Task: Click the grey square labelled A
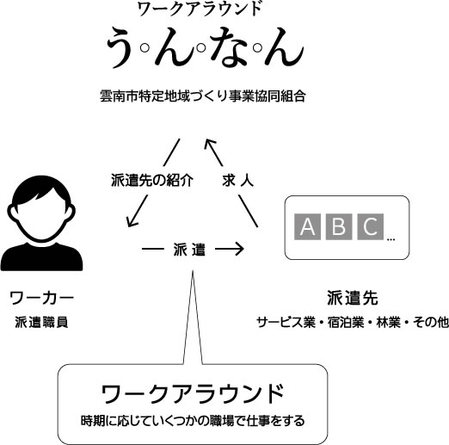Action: coord(307,226)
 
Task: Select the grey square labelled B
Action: coord(339,226)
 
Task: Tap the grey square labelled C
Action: coord(370,226)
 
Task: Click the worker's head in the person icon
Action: coord(41,208)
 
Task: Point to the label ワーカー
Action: coord(41,299)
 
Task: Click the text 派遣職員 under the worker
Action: coord(41,322)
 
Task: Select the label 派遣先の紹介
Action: coord(152,181)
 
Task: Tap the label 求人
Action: coord(237,181)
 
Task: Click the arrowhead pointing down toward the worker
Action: coord(132,221)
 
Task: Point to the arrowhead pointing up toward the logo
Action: coord(210,145)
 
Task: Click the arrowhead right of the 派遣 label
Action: coord(238,249)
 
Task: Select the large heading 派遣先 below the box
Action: coord(353,299)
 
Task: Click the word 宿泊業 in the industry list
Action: coord(346,322)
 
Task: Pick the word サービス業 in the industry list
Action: coord(286,322)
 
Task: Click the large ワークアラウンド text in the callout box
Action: coord(193,393)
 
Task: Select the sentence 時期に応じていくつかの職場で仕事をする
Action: coord(193,421)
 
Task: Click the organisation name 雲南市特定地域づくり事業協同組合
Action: coord(203,96)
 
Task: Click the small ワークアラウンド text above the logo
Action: coord(200,9)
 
